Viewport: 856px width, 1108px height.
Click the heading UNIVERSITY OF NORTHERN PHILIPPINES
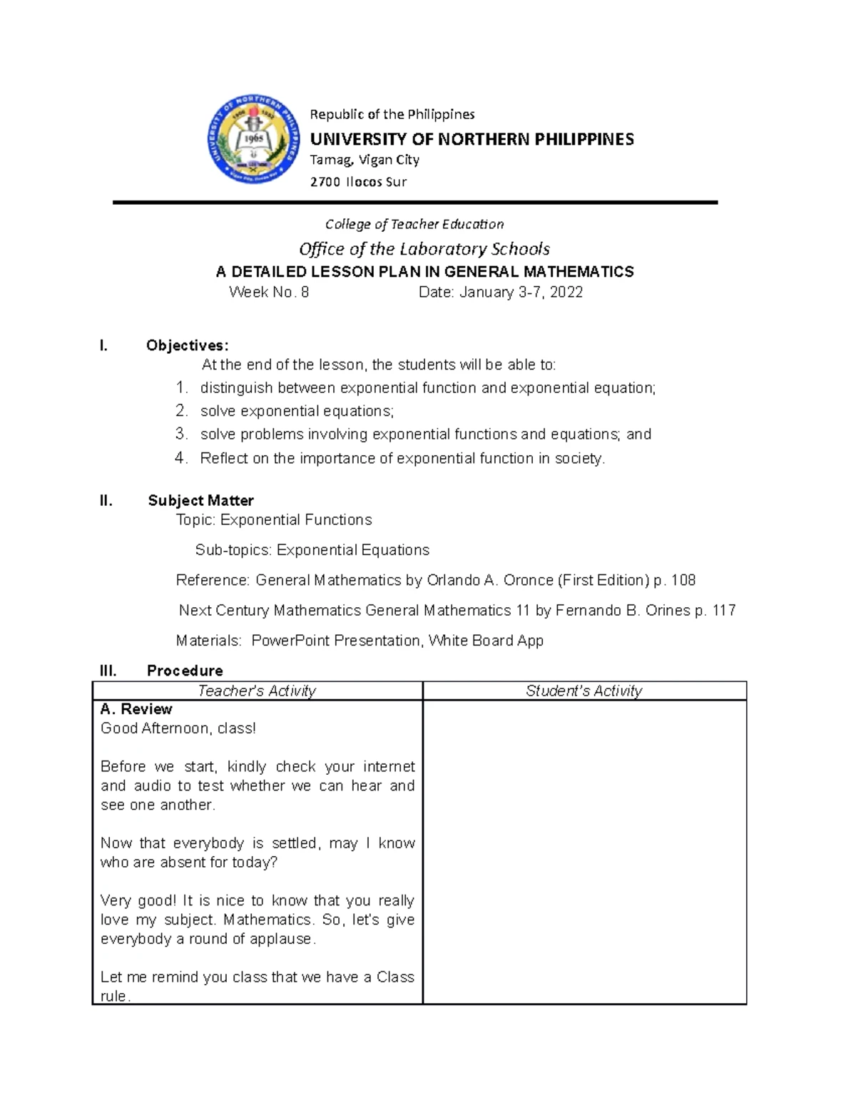click(472, 139)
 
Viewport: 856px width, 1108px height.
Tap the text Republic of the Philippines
click(392, 114)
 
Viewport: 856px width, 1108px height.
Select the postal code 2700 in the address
click(325, 182)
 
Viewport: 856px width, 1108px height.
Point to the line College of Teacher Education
click(414, 224)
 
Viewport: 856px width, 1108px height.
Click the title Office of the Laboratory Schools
click(424, 248)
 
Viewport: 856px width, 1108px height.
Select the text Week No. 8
click(269, 292)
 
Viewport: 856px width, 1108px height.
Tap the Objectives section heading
click(188, 345)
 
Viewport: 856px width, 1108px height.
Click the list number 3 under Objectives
click(181, 434)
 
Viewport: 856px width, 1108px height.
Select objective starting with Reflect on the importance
click(402, 458)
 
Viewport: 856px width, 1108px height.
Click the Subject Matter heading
click(200, 500)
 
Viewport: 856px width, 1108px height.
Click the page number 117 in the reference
click(723, 610)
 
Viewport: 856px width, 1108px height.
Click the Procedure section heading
click(185, 670)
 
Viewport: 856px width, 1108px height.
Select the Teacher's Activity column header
click(257, 691)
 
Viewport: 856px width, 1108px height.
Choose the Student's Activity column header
click(584, 691)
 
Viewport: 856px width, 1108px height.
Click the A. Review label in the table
click(136, 709)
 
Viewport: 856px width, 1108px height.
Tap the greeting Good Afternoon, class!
click(178, 728)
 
